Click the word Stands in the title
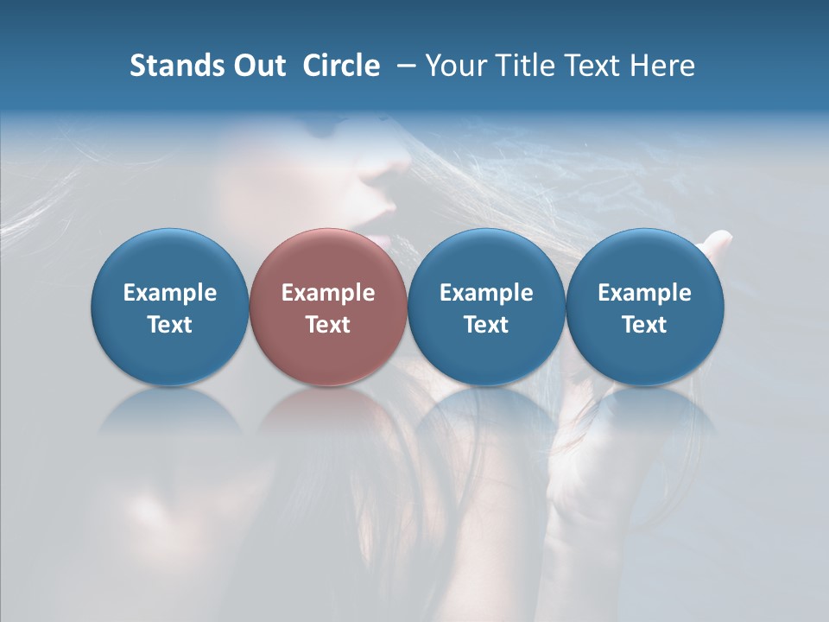pyautogui.click(x=171, y=66)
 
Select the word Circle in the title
pyautogui.click(x=341, y=66)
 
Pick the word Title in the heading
pyautogui.click(x=520, y=66)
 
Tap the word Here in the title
pyautogui.click(x=661, y=66)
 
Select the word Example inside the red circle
pyautogui.click(x=328, y=293)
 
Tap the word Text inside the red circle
pyautogui.click(x=328, y=325)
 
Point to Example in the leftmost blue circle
pyautogui.click(x=170, y=293)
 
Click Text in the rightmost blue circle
pyautogui.click(x=645, y=325)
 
